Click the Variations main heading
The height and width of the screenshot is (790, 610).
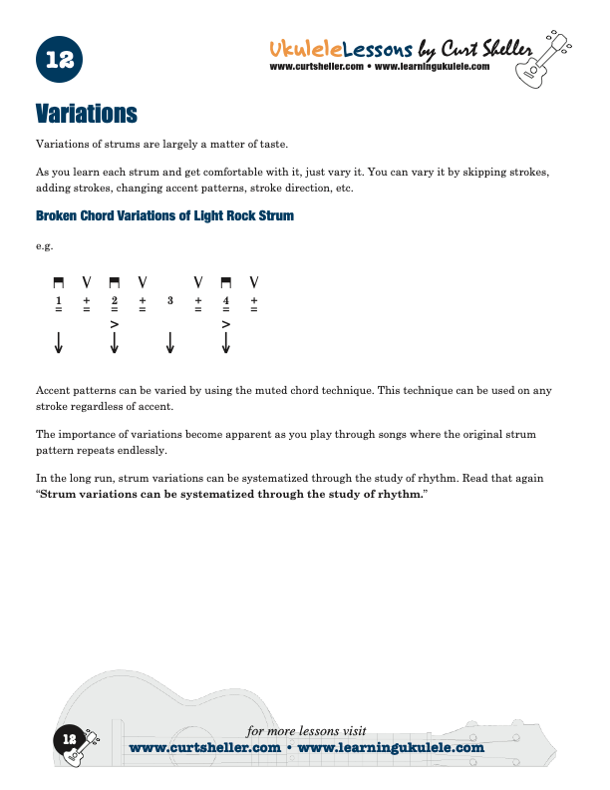[86, 111]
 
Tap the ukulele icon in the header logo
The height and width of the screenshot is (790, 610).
[538, 62]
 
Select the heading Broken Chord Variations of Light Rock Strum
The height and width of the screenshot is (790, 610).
[164, 215]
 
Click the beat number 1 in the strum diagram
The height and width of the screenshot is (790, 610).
[59, 300]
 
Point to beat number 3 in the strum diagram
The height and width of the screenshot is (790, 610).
[170, 300]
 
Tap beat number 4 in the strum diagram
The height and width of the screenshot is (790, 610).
[226, 300]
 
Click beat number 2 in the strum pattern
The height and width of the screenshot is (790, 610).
[115, 300]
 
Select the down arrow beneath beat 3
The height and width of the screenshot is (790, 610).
[170, 343]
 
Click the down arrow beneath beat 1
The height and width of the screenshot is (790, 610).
[59, 343]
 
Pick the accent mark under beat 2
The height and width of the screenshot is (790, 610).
[115, 324]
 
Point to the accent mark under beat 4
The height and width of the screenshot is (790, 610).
[226, 324]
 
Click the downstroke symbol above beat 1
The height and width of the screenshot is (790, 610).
[59, 281]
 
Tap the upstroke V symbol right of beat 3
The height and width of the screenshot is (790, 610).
[198, 281]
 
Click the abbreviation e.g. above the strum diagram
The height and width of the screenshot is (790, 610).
[44, 245]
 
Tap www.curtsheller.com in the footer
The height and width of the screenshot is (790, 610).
[204, 747]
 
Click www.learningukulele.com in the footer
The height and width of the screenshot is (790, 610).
[391, 747]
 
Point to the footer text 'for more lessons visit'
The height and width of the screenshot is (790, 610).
[306, 731]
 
